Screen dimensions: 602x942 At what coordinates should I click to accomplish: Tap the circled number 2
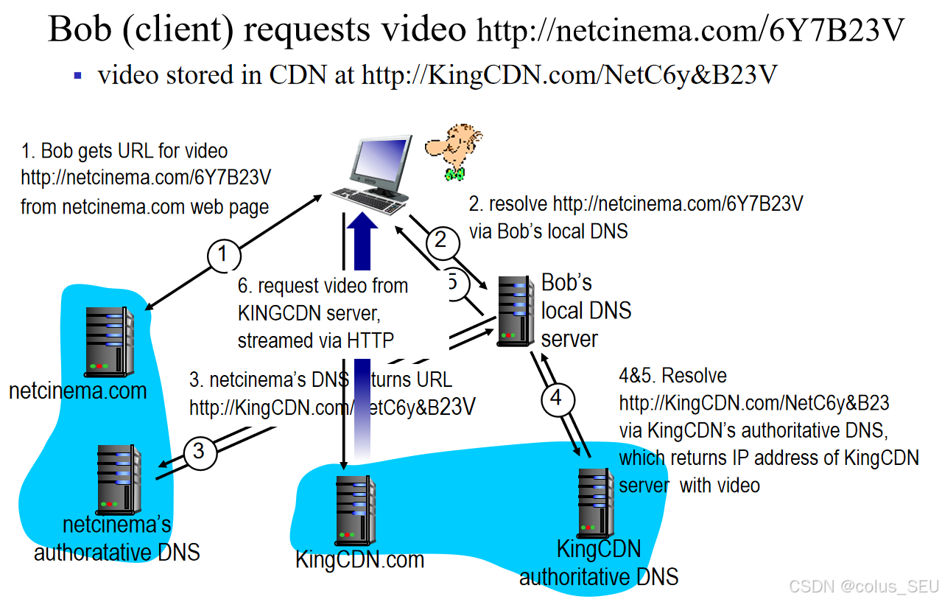tap(441, 240)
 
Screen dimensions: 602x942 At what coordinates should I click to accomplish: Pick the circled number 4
tap(556, 399)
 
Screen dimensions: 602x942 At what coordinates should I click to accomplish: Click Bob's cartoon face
tap(454, 150)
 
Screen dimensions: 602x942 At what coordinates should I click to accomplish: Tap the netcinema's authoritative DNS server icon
tap(119, 480)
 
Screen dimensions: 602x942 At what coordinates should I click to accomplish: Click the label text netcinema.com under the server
tap(77, 391)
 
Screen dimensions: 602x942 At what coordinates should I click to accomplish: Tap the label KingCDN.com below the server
tap(359, 560)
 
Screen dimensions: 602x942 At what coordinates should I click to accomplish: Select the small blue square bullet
tap(77, 75)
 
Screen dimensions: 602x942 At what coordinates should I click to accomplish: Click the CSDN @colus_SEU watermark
tap(863, 587)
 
